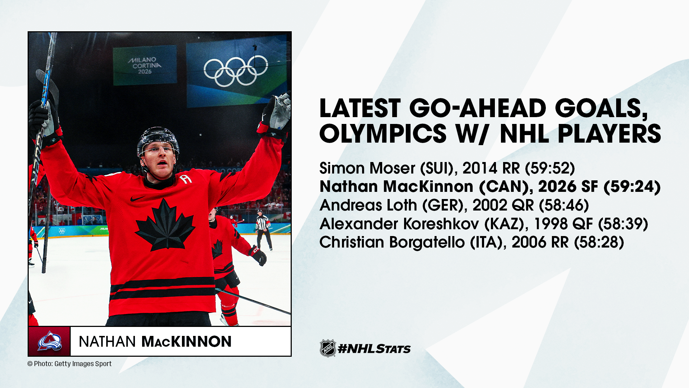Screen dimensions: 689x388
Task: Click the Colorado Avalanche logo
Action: (50, 341)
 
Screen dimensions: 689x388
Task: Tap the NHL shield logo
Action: (328, 348)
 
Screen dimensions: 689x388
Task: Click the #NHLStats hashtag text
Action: (374, 348)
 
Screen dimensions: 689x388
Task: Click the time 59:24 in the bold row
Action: (632, 186)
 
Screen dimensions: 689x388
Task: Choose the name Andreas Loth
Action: (369, 205)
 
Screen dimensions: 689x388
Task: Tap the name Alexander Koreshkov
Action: (399, 224)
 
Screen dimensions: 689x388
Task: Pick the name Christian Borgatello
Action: (392, 242)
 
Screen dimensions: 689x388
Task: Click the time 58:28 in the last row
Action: (599, 242)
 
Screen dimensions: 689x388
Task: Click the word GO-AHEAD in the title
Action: (478, 108)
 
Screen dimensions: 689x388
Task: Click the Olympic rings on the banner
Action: (236, 71)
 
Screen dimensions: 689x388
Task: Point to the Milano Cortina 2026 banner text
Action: (145, 65)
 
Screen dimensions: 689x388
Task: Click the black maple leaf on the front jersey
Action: (165, 225)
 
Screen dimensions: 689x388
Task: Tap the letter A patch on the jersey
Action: (186, 178)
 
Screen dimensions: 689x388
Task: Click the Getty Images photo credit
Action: (70, 364)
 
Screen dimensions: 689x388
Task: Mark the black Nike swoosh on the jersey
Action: (138, 198)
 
